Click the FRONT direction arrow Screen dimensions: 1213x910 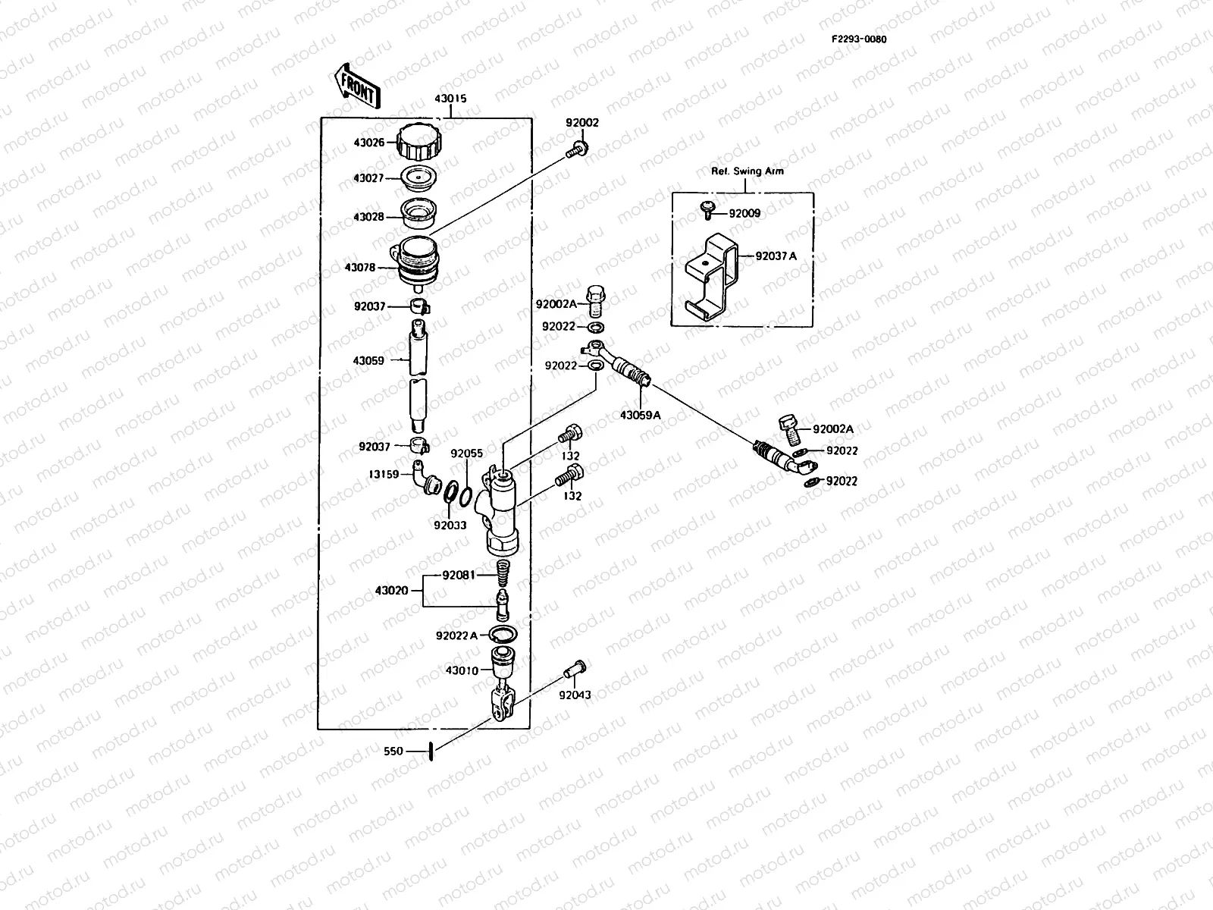[x=358, y=86]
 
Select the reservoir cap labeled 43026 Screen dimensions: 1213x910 [x=419, y=142]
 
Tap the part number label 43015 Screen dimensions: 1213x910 [x=450, y=99]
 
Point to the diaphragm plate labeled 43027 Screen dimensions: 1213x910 [x=418, y=177]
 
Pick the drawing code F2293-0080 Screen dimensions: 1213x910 [x=859, y=39]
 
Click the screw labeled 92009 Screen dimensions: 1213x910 [x=707, y=210]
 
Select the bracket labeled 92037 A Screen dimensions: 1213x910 [x=711, y=277]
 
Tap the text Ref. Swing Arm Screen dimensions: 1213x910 [x=748, y=171]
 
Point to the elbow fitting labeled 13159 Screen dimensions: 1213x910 [x=427, y=478]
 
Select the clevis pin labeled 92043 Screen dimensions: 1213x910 [x=575, y=669]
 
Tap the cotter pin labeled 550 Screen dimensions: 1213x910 [x=431, y=752]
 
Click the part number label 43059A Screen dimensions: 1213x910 [x=640, y=415]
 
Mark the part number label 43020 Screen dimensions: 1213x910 [x=391, y=591]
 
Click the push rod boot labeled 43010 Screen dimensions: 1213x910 [x=503, y=663]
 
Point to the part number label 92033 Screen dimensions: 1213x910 [x=450, y=526]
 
